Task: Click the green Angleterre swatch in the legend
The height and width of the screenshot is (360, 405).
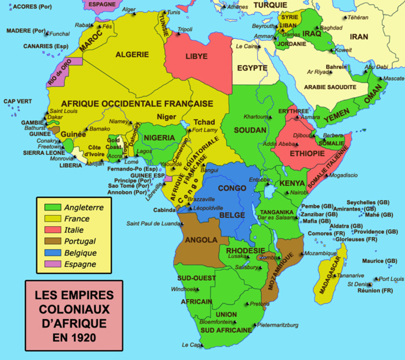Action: (51, 207)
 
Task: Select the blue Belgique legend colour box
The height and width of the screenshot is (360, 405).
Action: (51, 252)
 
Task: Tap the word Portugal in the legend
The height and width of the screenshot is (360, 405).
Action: (81, 241)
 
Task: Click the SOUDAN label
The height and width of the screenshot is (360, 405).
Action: (250, 130)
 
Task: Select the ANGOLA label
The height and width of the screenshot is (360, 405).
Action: (201, 239)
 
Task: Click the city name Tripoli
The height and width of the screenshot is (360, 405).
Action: (185, 29)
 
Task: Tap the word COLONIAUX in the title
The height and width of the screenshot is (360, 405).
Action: (74, 307)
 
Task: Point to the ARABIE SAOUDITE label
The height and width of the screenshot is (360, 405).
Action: (331, 87)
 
